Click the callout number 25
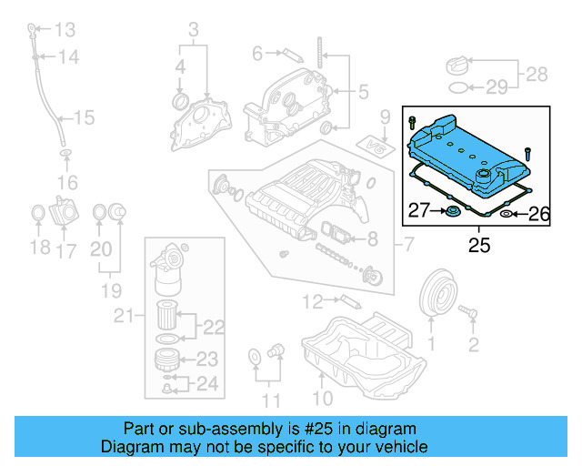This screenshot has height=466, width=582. pos(477,244)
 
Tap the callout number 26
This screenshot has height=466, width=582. pos(539,215)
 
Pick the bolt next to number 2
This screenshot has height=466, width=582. pos(470,312)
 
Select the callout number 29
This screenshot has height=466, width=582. pos(496,87)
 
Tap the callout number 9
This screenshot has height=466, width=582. pos(384,116)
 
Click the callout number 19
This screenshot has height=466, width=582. pos(111,291)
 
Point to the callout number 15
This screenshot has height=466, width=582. pos(84,118)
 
